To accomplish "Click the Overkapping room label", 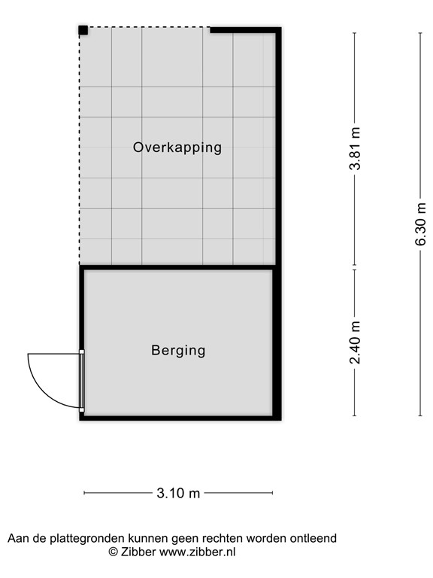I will (x=177, y=148).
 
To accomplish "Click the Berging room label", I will (x=178, y=350).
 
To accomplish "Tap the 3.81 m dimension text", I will (x=356, y=149).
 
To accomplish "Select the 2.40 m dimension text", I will (x=356, y=342).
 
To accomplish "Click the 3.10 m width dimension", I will (x=178, y=494).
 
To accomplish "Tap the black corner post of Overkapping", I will (x=83, y=30).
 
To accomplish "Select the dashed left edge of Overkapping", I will (x=80, y=151).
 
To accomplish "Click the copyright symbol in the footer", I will (x=114, y=552).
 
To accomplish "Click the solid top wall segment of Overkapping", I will (x=244, y=30).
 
